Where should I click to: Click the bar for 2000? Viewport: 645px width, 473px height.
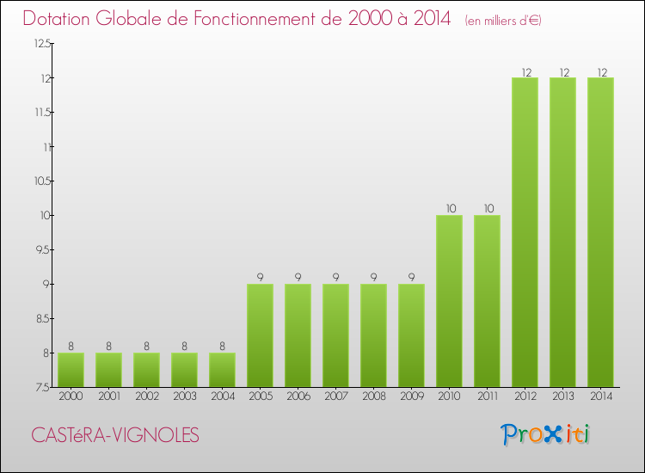71,370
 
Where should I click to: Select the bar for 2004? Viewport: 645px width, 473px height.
222,370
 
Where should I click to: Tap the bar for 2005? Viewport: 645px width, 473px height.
260,335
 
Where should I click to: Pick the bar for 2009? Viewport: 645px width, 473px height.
411,335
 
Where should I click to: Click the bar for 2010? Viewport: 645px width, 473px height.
449,301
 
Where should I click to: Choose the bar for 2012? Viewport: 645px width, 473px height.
525,232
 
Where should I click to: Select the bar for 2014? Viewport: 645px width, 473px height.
600,232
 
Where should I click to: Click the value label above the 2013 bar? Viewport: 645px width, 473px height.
562,71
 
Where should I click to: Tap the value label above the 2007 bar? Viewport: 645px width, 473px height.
335,278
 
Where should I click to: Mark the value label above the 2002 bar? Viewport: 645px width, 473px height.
146,347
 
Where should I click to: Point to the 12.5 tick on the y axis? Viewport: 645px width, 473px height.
42,44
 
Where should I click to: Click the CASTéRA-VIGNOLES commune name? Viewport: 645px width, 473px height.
114,436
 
